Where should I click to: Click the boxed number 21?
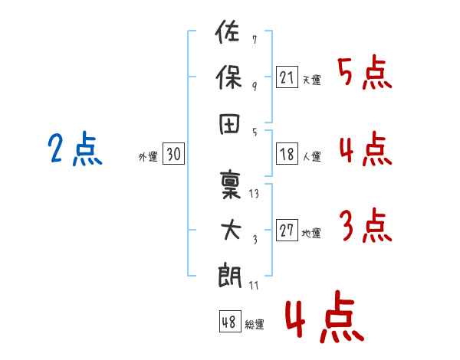[x=287, y=77]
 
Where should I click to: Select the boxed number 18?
[x=287, y=155]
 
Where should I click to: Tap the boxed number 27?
[x=287, y=231]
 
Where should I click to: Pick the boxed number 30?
[x=173, y=155]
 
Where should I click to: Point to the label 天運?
[x=311, y=80]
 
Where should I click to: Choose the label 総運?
[x=255, y=325]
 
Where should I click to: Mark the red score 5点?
[x=364, y=73]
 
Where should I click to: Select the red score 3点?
[x=364, y=226]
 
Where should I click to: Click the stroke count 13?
[x=255, y=193]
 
